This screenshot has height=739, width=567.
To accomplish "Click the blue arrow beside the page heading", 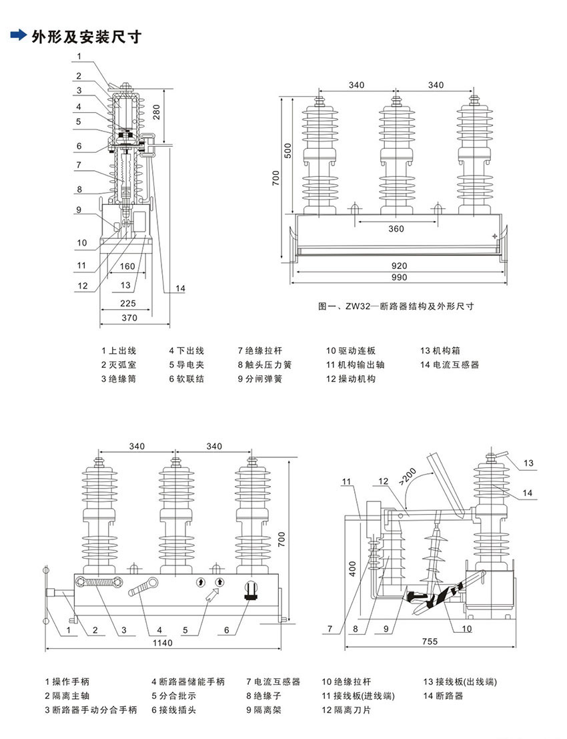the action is point(19,35).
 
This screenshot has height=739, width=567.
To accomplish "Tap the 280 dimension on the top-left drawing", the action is point(156,111).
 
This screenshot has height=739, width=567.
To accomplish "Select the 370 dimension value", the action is point(129,318).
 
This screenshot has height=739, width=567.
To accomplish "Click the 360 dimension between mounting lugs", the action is point(396,228).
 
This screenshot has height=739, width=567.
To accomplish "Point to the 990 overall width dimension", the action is point(399,277).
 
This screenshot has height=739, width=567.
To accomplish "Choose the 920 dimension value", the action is point(399,266).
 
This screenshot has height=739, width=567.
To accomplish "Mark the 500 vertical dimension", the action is point(288,150).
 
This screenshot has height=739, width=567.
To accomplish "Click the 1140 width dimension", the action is point(163,643).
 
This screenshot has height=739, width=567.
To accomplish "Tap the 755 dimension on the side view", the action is point(430,642).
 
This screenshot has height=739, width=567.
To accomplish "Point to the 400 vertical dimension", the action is point(353,568).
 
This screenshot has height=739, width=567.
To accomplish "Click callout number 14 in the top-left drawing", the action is point(180,288).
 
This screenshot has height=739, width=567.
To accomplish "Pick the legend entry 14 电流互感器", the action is point(450,364).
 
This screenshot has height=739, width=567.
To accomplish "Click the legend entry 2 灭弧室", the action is point(118,364).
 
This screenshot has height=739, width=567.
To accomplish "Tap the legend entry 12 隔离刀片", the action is point(346,710).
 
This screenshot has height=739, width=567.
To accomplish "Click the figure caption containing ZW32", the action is point(396,306).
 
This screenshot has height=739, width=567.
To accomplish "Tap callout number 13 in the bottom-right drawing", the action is point(528,463).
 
